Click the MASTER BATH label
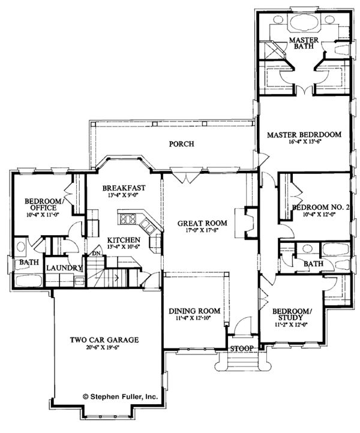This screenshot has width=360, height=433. coord(304,46)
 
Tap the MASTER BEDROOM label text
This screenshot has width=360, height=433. coord(304,135)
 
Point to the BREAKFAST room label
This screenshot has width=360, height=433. coord(124,187)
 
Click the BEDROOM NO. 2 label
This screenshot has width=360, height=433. coord(319,207)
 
